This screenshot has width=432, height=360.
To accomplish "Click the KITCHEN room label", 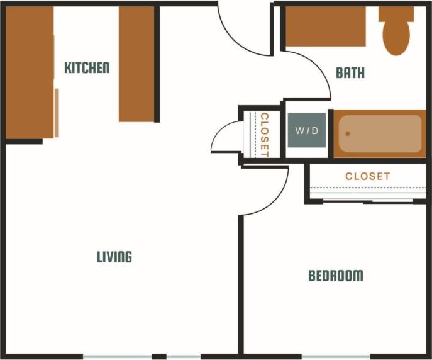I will click(x=87, y=67).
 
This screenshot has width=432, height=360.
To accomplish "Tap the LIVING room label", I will click(x=114, y=257).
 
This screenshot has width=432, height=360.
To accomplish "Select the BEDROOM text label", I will click(x=335, y=276).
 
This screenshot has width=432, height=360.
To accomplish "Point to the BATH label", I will click(x=350, y=73).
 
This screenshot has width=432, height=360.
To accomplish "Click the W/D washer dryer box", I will click(x=307, y=131).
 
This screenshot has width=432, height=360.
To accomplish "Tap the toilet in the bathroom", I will click(x=396, y=31).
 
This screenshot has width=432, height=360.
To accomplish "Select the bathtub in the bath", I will click(x=380, y=133).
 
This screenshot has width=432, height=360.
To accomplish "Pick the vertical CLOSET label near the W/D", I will click(x=265, y=135).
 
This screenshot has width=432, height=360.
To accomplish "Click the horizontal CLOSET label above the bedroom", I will click(x=367, y=176).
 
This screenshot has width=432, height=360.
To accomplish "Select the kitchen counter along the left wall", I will click(x=29, y=72).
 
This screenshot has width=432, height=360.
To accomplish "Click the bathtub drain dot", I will click(x=347, y=133).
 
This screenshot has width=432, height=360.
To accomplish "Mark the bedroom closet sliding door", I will click(x=367, y=201).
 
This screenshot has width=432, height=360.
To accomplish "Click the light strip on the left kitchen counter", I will click(x=57, y=113).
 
